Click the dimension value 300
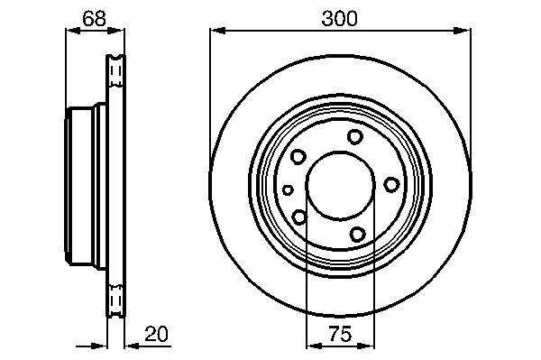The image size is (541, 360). pos(340,19)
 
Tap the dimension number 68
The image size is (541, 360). pos(94,19)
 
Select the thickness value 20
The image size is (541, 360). pos(156,334)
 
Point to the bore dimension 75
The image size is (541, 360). pos(340,334)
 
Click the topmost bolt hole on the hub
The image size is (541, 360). pos(355,136)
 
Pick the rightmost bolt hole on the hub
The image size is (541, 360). pos(391,185)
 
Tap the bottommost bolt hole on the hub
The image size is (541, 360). pos(357,235)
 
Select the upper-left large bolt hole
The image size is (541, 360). pos(298,157)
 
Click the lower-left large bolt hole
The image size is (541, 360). pos(299,217)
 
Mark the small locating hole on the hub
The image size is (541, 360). pos(288,189)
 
